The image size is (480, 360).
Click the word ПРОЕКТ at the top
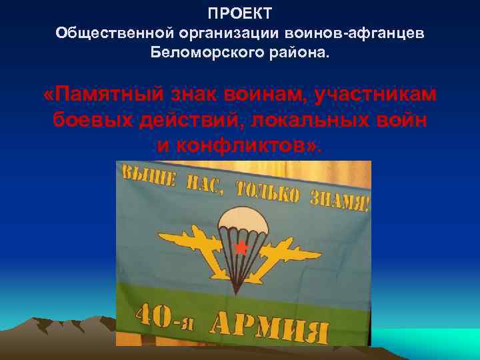239,14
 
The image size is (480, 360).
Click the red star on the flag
241,248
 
